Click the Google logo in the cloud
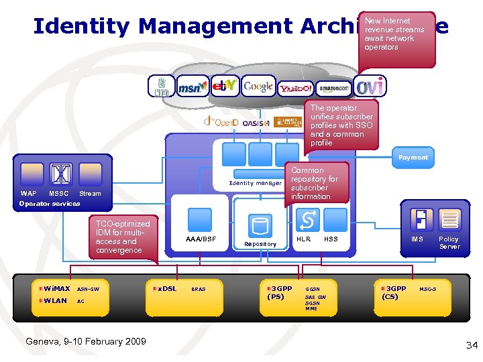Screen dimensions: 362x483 tap(258, 86)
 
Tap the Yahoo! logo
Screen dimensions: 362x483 tap(296, 88)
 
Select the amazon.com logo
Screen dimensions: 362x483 tap(333, 87)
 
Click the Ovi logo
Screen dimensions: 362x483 tap(370, 86)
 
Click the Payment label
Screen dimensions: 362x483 tap(413, 158)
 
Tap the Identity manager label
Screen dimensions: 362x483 tap(255, 183)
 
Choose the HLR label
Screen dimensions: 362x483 tap(303, 239)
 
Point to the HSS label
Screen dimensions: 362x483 tap(331, 239)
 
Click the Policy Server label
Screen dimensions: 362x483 tap(449, 243)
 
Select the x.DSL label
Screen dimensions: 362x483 tap(167, 288)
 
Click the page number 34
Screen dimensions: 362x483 tap(471, 345)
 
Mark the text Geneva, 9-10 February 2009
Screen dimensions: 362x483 tap(85, 341)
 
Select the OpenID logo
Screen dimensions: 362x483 tap(221, 123)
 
